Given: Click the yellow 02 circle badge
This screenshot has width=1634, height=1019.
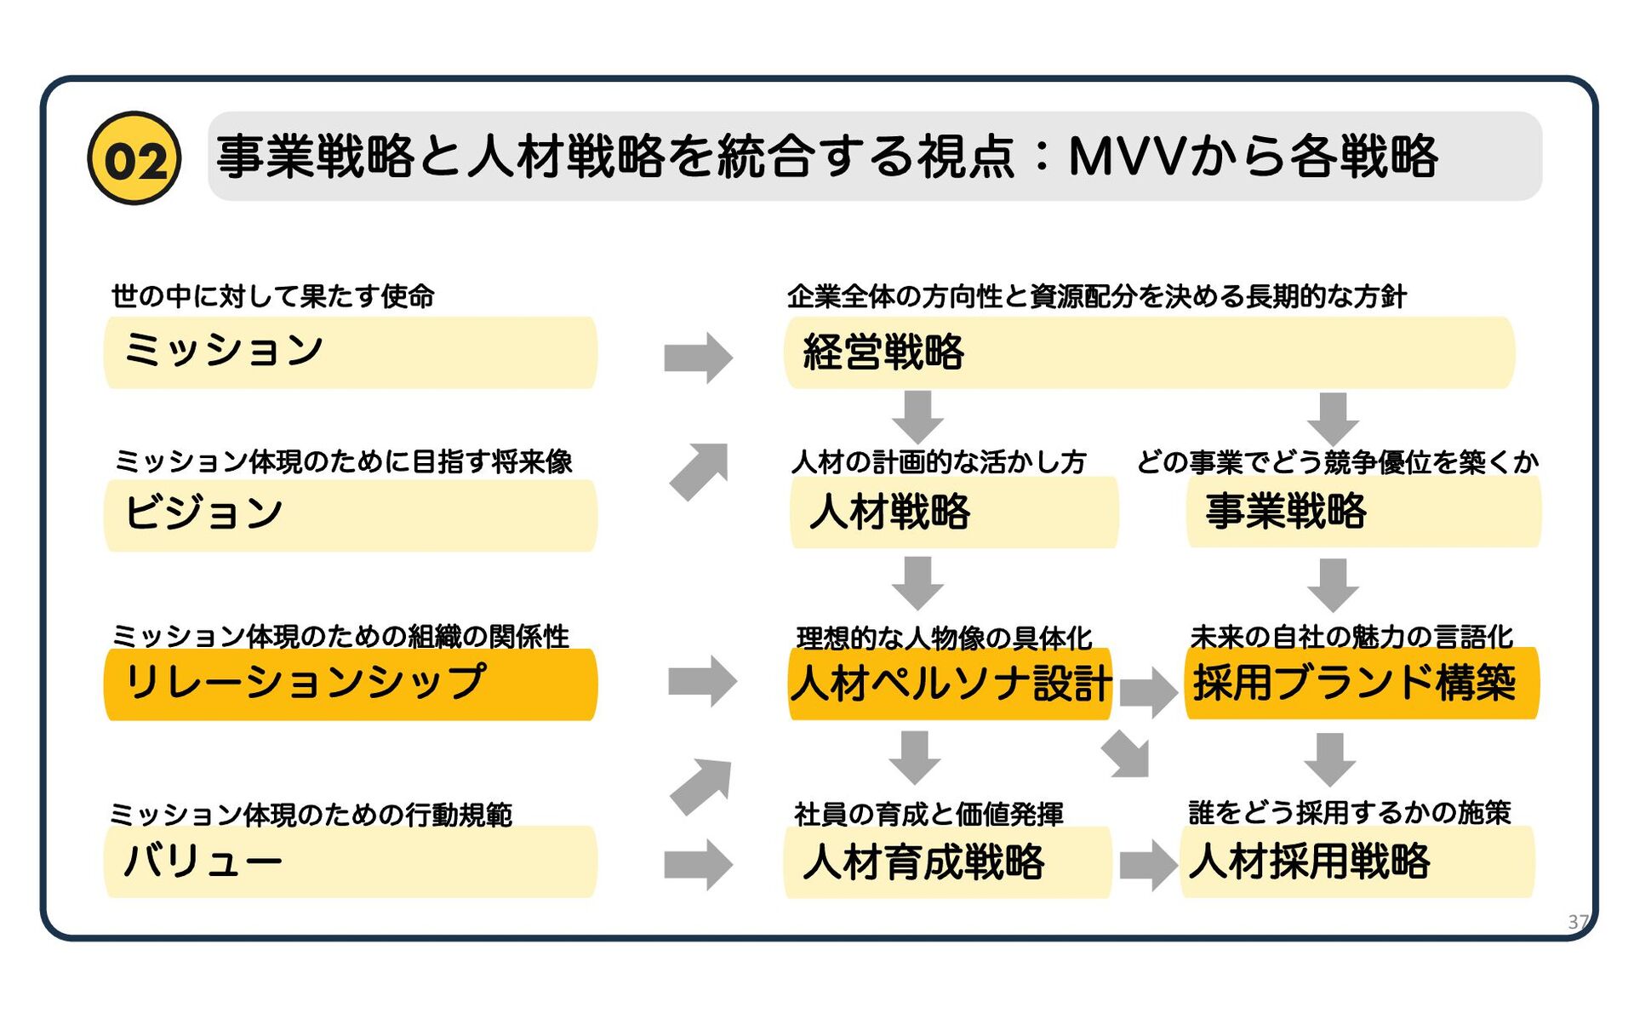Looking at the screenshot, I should coord(134,158).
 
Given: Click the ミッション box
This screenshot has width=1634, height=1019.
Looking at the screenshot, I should coord(350,352).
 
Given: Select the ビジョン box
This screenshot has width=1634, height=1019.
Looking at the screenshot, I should coord(350,515).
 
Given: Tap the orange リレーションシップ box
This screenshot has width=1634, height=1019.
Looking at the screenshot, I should coord(350,684).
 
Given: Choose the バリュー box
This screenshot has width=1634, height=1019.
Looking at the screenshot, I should coord(350,861).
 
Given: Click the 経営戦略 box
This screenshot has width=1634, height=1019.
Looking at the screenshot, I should coord(1149,352).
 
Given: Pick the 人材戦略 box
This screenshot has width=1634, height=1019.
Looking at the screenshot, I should coord(953,512).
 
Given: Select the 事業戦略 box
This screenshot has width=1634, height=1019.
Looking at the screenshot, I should coord(1363,512).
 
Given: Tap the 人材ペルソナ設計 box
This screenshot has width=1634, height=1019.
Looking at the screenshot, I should coord(950,684).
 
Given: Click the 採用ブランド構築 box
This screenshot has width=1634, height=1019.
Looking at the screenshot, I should coord(1362,684).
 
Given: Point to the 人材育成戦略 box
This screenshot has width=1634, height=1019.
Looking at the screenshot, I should coord(947,862).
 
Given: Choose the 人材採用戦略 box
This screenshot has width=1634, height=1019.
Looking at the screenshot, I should coord(1357,862).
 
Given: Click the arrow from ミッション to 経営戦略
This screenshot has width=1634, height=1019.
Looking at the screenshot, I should coord(698,358).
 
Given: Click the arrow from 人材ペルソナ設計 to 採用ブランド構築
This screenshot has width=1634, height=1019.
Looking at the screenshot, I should coord(1147,692).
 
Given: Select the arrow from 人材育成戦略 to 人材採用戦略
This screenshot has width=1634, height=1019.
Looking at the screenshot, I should coord(1147,865).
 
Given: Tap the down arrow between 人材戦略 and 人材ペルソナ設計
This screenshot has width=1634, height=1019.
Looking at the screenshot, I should coord(917,582).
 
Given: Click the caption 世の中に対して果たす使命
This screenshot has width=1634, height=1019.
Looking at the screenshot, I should coord(273,296).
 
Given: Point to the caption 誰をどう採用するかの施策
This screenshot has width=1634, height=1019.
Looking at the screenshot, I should coord(1350,812).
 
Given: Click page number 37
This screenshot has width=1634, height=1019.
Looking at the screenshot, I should coord(1578,921).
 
